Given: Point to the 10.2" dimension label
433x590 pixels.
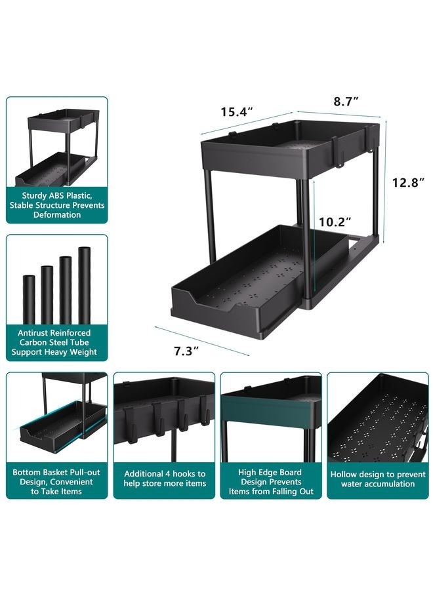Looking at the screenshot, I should tap(336, 222).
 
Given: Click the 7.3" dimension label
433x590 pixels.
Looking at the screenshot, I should tap(186, 351).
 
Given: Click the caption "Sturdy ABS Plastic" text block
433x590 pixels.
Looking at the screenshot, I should tap(57, 205).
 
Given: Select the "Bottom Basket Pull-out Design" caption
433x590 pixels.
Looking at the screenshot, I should tap(57, 482).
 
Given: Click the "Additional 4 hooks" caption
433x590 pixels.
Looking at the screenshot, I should tap(165, 479).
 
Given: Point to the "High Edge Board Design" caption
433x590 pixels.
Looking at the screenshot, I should tap(271, 482).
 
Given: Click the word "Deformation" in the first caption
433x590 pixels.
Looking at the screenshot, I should tap(57, 215).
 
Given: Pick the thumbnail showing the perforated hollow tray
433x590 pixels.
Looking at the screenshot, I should tap(377, 418).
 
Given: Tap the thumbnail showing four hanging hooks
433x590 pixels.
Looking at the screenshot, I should tap(165, 418).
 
